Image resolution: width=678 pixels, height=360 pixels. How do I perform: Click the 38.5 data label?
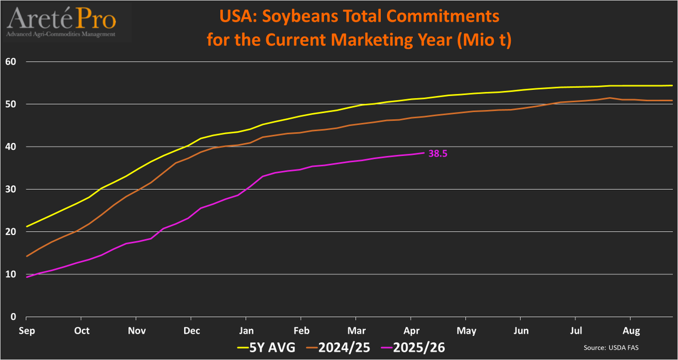click(438, 153)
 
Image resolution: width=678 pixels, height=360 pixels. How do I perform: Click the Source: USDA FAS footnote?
click(612, 347)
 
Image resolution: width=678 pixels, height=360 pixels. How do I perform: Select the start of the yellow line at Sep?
click(27, 227)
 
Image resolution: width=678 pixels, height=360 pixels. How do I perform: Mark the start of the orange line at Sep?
click(27, 257)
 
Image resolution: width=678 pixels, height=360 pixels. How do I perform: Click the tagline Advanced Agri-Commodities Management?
click(62, 34)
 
